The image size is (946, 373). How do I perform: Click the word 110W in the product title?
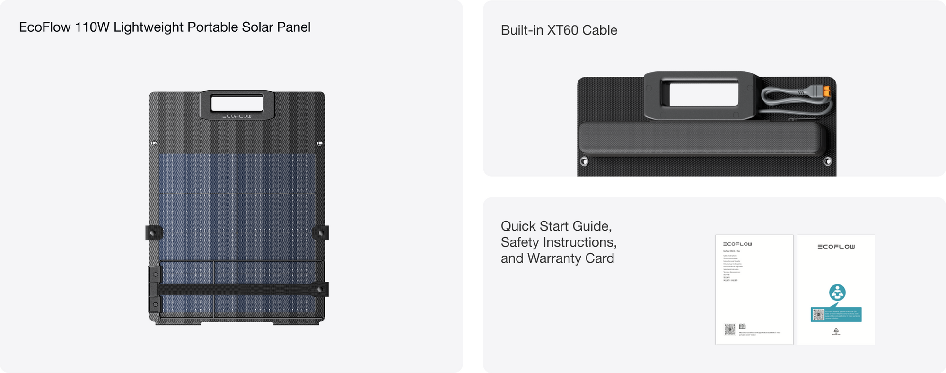click(92, 27)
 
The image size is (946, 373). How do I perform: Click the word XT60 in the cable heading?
click(562, 30)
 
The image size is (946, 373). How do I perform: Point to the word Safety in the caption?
click(520, 242)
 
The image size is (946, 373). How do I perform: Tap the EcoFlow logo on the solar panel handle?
click(237, 116)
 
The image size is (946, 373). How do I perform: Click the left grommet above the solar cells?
click(154, 143)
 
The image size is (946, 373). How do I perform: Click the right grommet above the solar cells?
click(320, 143)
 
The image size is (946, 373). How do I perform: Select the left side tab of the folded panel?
click(154, 232)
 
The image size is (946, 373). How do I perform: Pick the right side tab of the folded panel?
click(321, 232)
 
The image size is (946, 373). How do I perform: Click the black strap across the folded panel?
click(236, 289)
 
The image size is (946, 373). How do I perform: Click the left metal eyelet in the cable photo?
click(585, 161)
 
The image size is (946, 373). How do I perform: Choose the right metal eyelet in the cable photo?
click(828, 161)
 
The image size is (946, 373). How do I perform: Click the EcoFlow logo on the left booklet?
click(737, 244)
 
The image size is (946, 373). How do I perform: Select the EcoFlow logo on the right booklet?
click(836, 247)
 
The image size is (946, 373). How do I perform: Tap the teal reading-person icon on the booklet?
click(837, 293)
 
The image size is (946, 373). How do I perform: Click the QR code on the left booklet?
click(730, 329)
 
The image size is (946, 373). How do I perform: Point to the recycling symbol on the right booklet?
click(836, 331)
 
